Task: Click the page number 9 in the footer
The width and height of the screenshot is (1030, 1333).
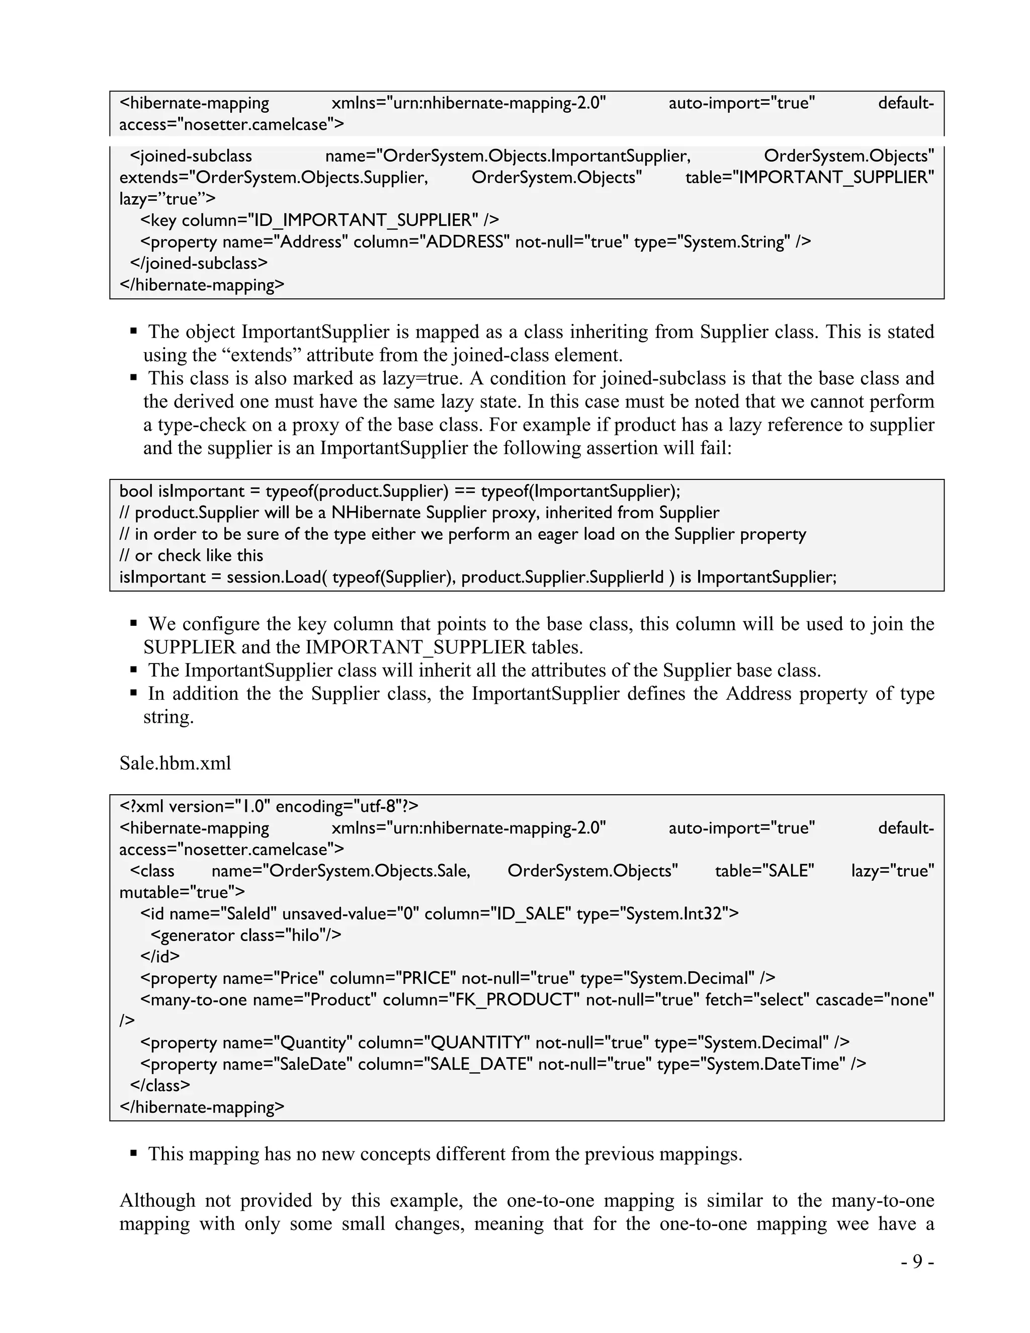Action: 917,1261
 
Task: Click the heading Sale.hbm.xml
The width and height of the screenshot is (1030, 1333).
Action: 175,763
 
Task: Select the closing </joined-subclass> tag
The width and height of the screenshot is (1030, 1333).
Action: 199,263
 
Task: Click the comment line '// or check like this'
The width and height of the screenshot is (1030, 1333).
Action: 191,555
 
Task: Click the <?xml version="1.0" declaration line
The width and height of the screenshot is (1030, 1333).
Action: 269,806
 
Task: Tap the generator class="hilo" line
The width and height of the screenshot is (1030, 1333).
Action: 245,935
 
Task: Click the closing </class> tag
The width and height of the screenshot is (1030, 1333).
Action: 160,1085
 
